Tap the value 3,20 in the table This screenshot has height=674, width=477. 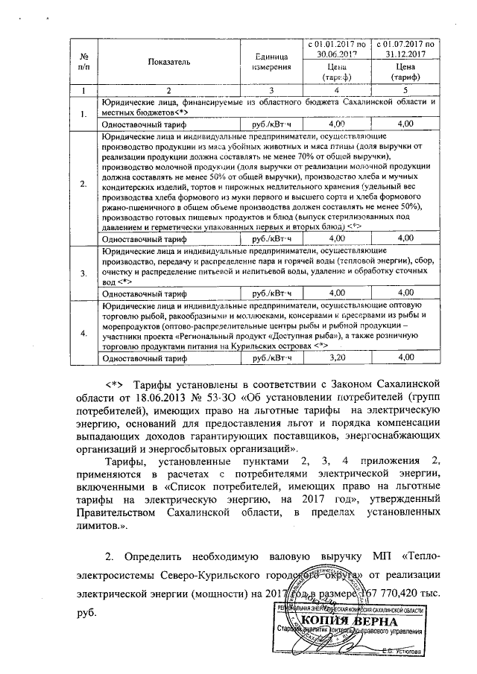click(x=338, y=358)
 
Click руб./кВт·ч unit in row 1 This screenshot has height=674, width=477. click(x=271, y=124)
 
